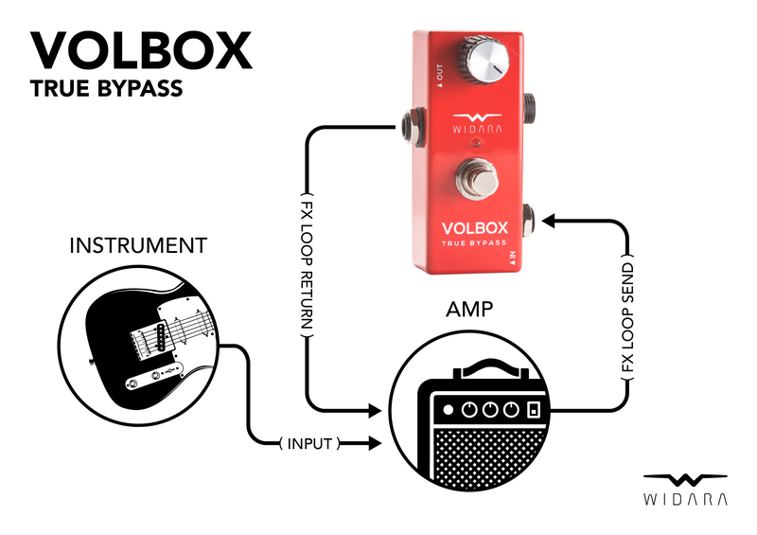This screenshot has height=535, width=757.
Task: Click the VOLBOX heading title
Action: click(142, 51)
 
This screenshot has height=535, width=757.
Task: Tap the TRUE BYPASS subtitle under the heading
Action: click(105, 91)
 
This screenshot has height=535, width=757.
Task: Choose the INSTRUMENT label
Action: click(138, 246)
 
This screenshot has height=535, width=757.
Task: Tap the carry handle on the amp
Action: click(486, 367)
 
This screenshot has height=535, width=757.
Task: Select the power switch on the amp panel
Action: click(533, 411)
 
